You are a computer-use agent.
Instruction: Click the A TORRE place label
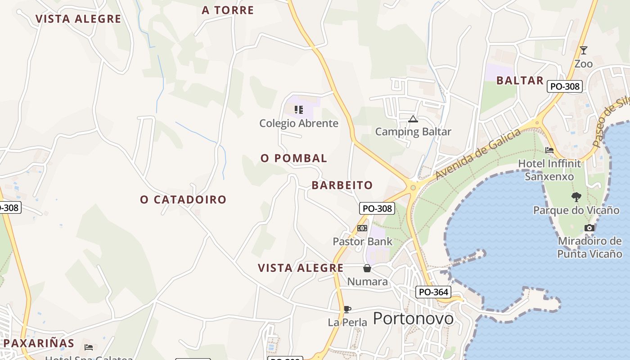coord(228,10)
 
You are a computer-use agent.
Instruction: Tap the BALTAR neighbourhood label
coord(520,81)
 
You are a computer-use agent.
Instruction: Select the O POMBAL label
coord(294,158)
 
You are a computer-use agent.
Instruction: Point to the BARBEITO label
coord(342,185)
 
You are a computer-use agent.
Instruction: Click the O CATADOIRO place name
coord(183,199)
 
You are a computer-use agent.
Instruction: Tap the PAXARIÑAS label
coord(39,343)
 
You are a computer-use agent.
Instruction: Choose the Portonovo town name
coord(413,318)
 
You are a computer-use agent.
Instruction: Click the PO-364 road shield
coord(433,292)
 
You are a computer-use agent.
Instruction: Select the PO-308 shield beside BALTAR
coord(565,86)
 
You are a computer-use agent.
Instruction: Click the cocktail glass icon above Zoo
coord(584,50)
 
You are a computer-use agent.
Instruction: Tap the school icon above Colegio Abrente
coord(299,109)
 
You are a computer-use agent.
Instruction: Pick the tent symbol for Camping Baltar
coord(413,119)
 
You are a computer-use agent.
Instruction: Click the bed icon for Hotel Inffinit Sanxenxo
coord(549,150)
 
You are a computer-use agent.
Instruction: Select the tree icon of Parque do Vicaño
coord(576,197)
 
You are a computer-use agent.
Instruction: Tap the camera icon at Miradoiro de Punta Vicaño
coord(589,228)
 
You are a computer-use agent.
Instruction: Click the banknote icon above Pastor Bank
coord(362,228)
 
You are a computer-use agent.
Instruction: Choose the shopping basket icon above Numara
coord(367,268)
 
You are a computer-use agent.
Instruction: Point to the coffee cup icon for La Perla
coord(347,309)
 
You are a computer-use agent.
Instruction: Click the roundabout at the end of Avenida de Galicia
coord(413,187)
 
